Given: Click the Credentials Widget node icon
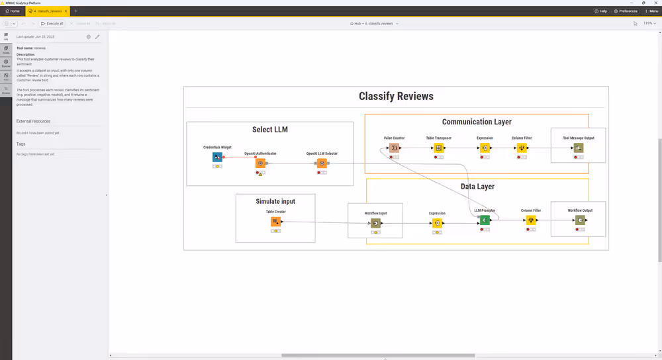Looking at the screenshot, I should click(x=217, y=157).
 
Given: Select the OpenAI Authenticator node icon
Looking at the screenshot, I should click(x=260, y=163).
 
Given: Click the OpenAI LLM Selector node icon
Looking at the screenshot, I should click(x=322, y=163).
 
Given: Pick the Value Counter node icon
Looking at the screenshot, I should click(x=394, y=148).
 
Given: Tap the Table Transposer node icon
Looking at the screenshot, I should click(x=438, y=148).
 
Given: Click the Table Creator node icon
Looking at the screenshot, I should click(x=276, y=221).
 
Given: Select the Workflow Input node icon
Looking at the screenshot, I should click(x=375, y=224).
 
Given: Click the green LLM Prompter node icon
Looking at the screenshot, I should click(x=485, y=220).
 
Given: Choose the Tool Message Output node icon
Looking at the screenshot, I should click(x=579, y=148).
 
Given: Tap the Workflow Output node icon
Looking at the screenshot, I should click(x=580, y=220).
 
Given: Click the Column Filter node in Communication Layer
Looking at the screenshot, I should click(x=522, y=148).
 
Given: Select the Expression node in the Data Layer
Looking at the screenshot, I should click(x=437, y=224).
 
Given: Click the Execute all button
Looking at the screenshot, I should click(x=52, y=23).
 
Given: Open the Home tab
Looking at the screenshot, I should click(x=12, y=11).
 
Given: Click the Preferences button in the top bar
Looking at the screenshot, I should click(x=626, y=11).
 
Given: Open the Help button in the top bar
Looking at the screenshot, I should click(x=600, y=11).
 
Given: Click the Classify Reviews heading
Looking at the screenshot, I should click(x=396, y=97).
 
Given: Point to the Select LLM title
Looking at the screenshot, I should click(x=270, y=130).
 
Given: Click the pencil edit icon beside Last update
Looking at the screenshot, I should click(x=97, y=37).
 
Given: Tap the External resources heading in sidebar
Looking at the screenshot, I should click(x=33, y=121).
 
